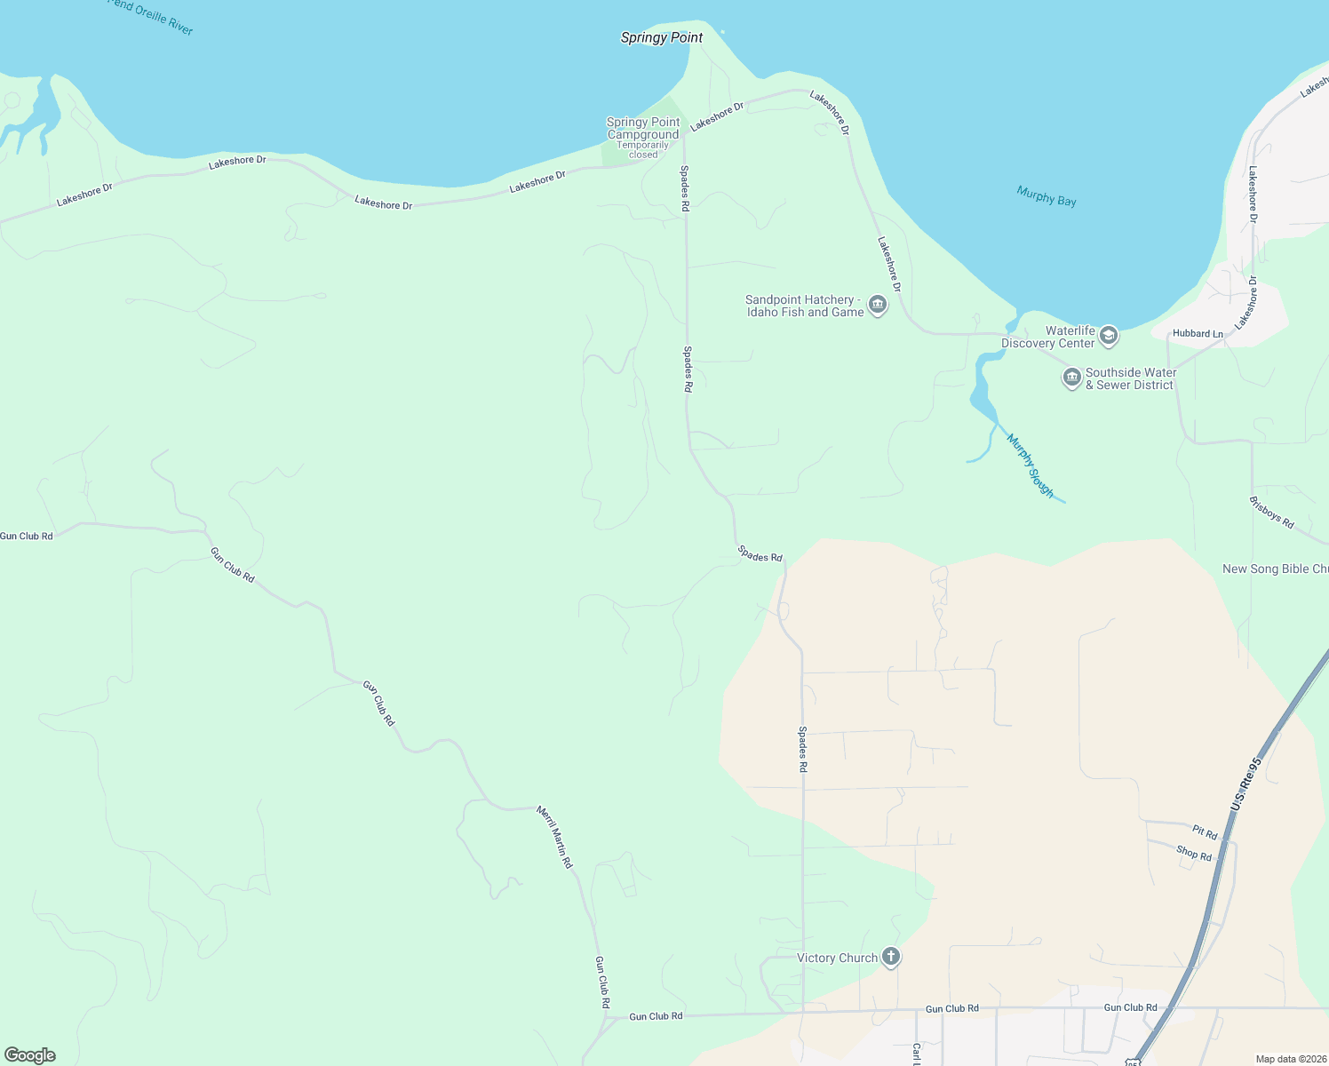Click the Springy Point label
point(662,37)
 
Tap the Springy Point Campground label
point(642,129)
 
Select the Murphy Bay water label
point(1046,195)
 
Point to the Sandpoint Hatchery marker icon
point(878,306)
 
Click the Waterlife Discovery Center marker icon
point(1108,336)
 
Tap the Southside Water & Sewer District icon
point(1072,378)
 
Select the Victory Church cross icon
point(891,958)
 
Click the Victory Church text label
point(837,958)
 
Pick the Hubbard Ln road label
point(1198,334)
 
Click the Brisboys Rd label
point(1272,513)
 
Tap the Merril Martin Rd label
point(554,837)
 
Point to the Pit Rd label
point(1205,832)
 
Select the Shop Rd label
point(1194,854)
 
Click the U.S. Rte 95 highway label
point(1246,783)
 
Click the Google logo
point(30,1055)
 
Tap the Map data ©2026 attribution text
point(1290,1059)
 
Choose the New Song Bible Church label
point(1276,569)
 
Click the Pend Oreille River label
point(151,17)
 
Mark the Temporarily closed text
point(643,149)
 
